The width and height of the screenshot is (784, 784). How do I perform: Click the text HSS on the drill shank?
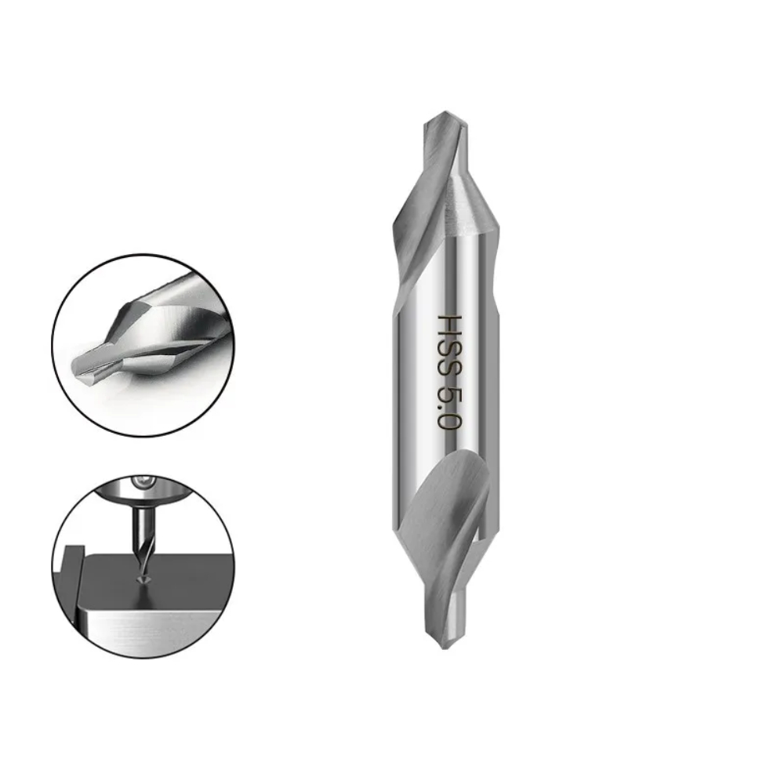coord(448,346)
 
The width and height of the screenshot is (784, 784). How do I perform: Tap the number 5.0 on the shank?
coord(448,406)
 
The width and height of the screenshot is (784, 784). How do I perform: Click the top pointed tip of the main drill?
coord(445,111)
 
